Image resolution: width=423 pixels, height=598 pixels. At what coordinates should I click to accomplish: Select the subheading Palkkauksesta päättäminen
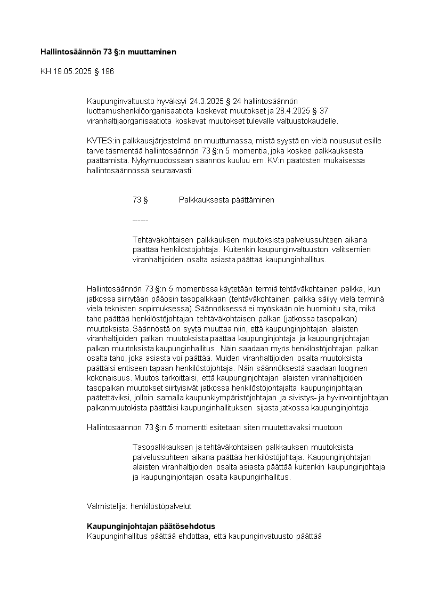(x=226, y=200)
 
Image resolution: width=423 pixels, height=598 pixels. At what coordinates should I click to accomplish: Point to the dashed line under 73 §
(x=140, y=220)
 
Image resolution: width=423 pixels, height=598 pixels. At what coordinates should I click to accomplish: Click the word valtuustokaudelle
(x=307, y=121)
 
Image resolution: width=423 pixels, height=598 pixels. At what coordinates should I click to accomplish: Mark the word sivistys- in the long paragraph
(x=299, y=398)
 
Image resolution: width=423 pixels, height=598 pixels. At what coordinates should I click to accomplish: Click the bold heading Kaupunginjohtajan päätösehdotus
(x=151, y=526)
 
